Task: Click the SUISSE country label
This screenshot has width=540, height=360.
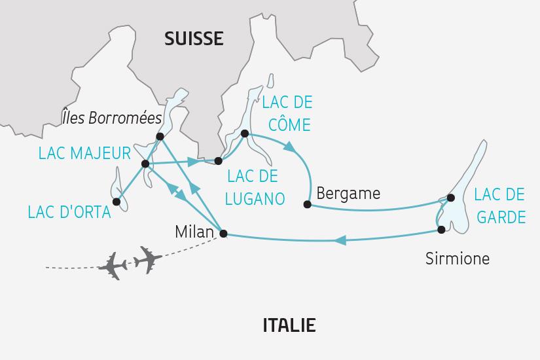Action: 194,39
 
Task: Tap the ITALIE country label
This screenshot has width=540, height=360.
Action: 289,325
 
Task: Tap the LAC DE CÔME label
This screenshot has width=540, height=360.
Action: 287,113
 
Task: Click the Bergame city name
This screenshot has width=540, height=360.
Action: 348,193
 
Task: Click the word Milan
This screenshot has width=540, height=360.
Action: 194,231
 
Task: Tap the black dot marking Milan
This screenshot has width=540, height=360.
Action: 223,233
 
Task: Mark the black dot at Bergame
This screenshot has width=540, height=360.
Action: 307,204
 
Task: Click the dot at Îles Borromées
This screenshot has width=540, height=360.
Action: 160,136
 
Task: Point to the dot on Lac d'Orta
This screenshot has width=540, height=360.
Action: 117,202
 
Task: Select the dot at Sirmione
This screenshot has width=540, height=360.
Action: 441,229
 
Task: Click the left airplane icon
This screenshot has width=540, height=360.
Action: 116,265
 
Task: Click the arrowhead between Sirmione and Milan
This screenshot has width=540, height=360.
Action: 340,241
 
